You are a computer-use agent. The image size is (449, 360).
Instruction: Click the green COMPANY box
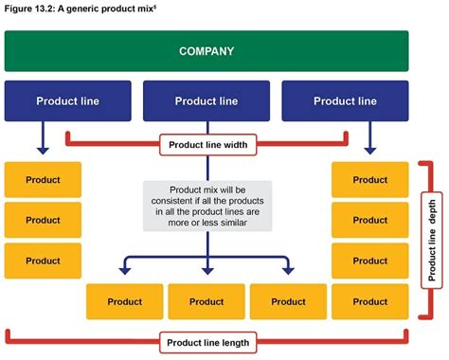(x=207, y=50)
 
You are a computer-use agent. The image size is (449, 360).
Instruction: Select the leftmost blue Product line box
(x=67, y=100)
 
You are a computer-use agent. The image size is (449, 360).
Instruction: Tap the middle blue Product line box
(x=207, y=100)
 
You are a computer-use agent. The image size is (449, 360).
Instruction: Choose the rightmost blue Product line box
(x=345, y=100)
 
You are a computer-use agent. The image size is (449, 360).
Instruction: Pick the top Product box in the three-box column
(x=43, y=179)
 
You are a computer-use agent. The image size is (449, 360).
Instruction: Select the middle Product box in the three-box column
(x=43, y=220)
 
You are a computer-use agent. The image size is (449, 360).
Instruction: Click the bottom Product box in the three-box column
(x=43, y=261)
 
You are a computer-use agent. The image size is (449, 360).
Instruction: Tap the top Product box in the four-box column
(x=369, y=179)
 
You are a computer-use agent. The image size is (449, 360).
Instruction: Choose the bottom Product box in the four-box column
(x=369, y=301)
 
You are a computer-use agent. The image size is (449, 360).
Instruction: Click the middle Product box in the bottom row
(x=207, y=301)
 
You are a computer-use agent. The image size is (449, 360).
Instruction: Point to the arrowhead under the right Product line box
(x=369, y=148)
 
